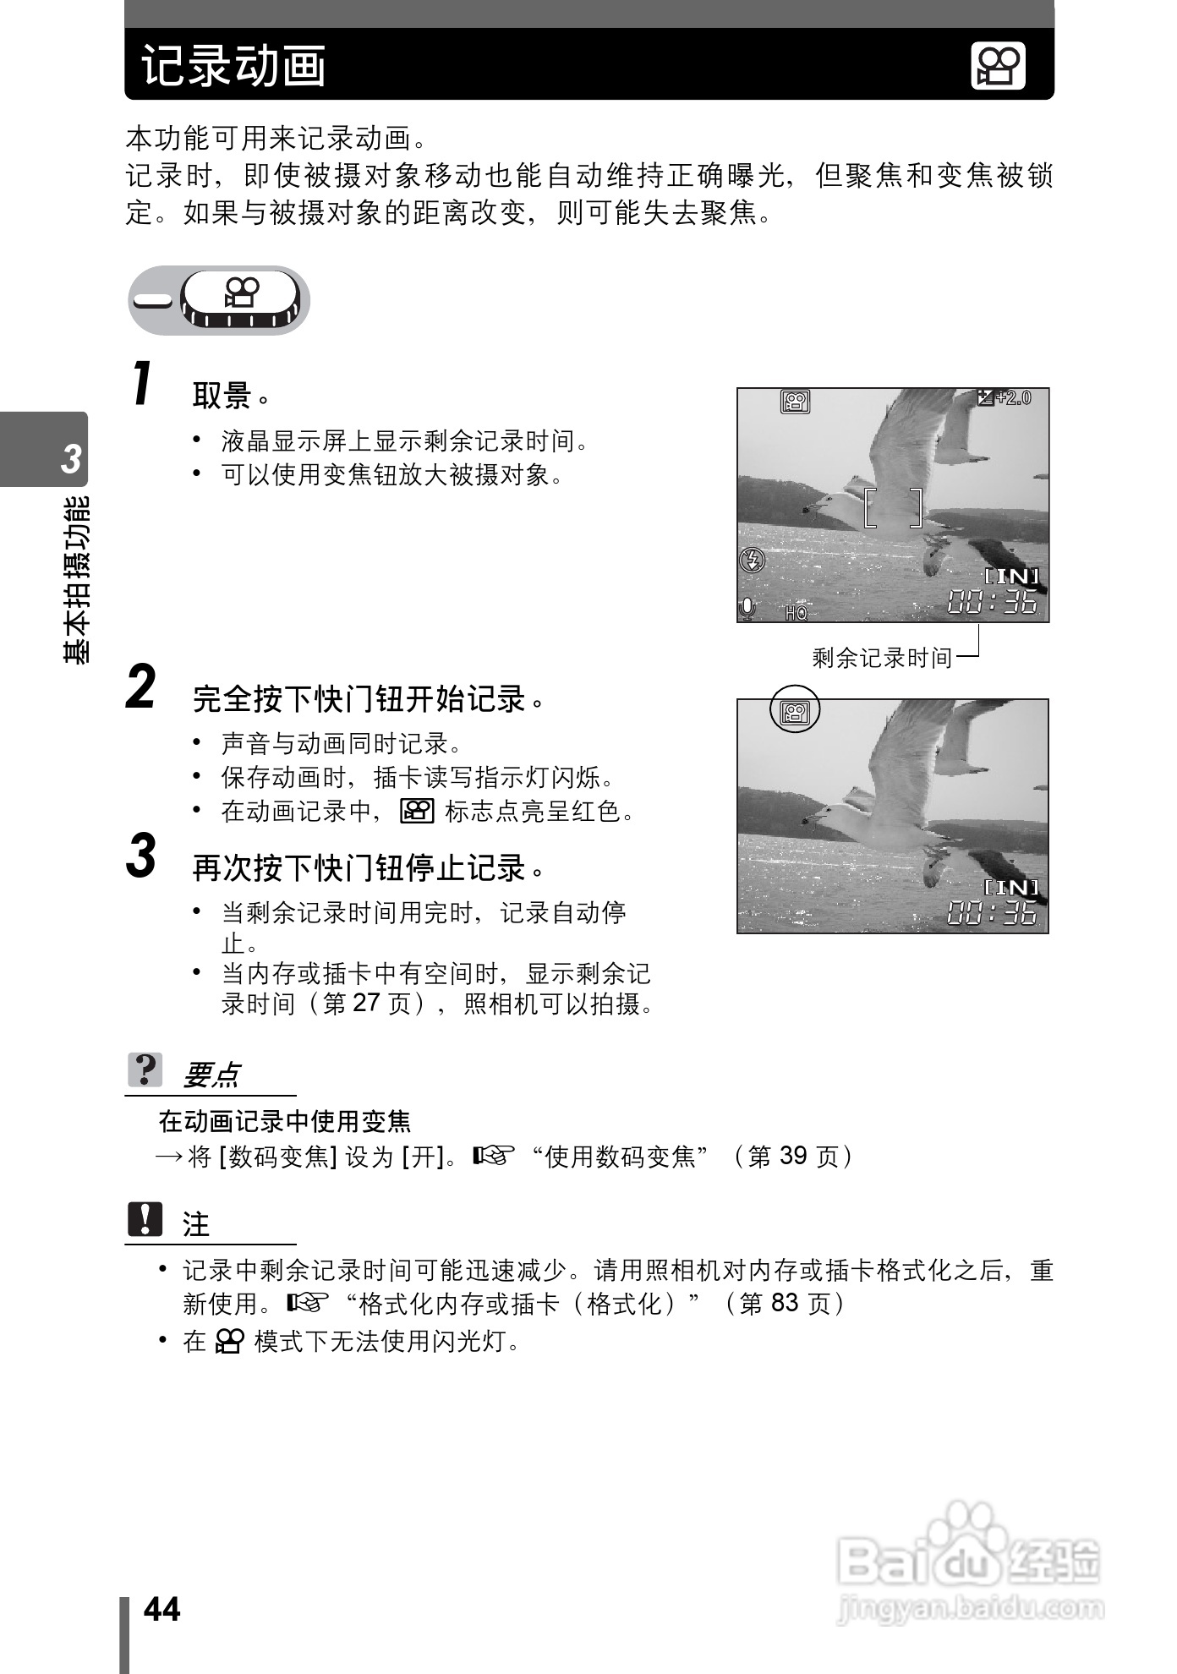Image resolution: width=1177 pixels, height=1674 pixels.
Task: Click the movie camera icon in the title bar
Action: click(998, 67)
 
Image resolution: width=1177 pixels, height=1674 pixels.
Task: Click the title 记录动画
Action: click(233, 66)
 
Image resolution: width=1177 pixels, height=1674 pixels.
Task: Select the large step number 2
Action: click(141, 687)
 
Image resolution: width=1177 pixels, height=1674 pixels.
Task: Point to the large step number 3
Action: click(141, 856)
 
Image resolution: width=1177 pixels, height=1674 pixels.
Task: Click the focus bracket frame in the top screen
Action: click(893, 506)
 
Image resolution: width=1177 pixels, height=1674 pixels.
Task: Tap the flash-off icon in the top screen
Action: click(752, 559)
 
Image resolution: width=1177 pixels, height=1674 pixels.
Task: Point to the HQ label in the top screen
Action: click(796, 612)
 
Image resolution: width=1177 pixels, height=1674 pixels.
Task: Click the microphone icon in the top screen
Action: click(747, 608)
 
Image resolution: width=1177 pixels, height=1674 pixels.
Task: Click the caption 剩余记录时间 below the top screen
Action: click(881, 657)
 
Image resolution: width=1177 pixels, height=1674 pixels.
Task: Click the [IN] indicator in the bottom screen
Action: click(1011, 887)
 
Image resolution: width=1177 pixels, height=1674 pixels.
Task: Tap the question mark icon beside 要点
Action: click(145, 1070)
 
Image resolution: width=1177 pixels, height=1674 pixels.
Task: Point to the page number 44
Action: click(161, 1609)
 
